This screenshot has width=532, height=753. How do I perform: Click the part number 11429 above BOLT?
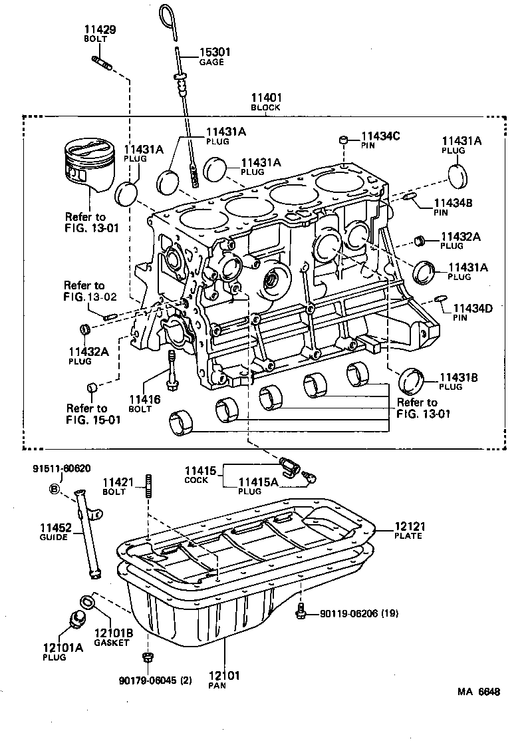pyautogui.click(x=100, y=30)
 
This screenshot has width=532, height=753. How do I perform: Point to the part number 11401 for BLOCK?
pyautogui.click(x=265, y=98)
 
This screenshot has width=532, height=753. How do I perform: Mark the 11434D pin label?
pyautogui.click(x=472, y=309)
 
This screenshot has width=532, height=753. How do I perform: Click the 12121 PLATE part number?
pyautogui.click(x=408, y=526)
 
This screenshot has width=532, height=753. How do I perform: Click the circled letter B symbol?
pyautogui.click(x=54, y=490)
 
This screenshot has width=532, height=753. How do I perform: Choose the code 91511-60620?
pyautogui.click(x=61, y=469)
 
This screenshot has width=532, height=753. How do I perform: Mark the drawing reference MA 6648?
pyautogui.click(x=478, y=692)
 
